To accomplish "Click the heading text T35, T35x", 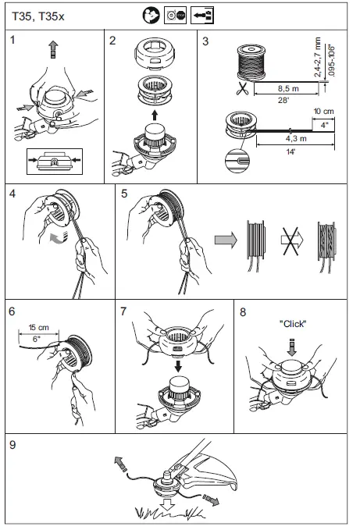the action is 37,16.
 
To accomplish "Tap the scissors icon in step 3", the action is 242,88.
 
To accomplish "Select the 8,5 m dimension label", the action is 288,88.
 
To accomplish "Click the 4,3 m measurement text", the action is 296,139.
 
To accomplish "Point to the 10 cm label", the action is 323,111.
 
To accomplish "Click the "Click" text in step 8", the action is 293,324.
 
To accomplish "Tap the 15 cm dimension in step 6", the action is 38,327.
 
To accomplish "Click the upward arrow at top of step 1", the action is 53,49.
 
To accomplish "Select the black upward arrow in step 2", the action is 155,115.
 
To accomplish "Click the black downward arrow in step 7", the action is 179,366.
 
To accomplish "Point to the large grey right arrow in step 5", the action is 226,240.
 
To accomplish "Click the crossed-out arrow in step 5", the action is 292,240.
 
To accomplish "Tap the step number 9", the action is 12,445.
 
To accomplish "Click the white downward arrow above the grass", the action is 167,503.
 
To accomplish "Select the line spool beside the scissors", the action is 251,63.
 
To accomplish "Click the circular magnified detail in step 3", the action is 237,161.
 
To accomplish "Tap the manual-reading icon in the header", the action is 151,16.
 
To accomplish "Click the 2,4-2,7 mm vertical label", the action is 318,58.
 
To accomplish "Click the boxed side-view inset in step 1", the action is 55,162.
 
